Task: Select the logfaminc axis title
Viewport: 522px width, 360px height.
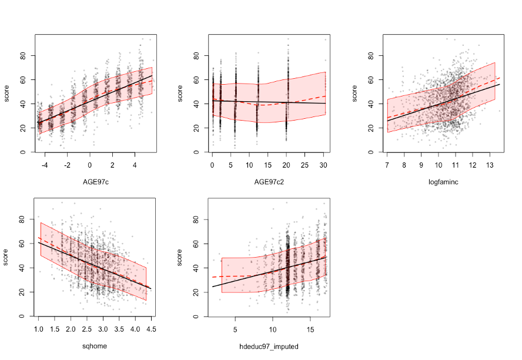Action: (x=444, y=182)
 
